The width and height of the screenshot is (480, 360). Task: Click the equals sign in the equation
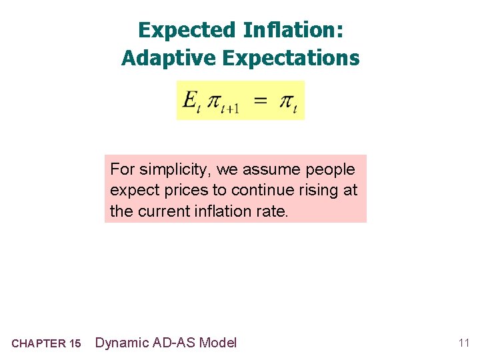[261, 101]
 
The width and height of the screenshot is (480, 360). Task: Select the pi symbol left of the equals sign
[213, 101]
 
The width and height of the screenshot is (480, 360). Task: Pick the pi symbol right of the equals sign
[286, 101]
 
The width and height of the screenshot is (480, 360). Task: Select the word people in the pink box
[331, 169]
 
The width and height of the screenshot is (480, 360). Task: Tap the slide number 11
[463, 343]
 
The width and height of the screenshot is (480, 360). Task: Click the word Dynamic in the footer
[122, 343]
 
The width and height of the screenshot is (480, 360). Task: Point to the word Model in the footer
[217, 343]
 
